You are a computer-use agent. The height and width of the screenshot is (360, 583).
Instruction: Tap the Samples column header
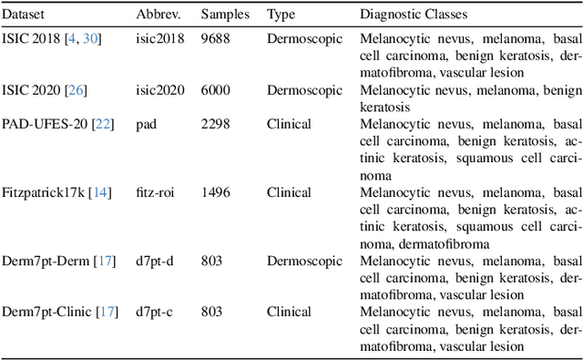point(223,15)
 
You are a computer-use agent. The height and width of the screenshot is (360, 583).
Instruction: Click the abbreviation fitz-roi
point(156,192)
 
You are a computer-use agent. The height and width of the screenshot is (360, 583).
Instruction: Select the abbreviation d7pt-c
point(152,312)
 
